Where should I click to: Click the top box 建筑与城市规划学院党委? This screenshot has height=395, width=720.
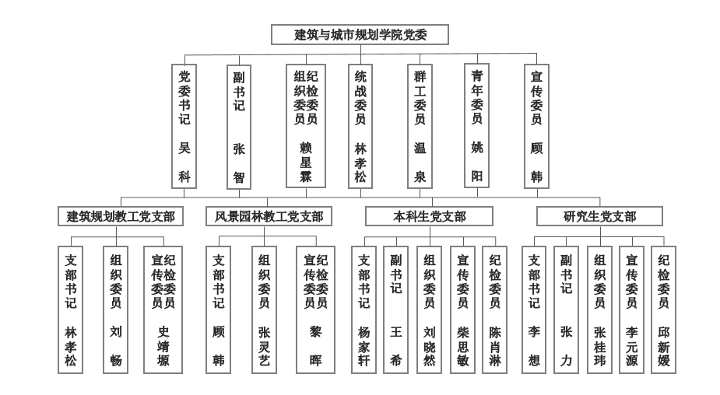tap(360, 34)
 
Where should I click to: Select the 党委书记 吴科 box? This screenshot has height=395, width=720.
tap(184, 126)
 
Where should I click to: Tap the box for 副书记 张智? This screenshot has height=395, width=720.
tap(239, 127)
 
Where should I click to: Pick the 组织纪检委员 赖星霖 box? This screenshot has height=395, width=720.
tap(306, 126)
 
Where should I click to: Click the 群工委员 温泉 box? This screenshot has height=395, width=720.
tap(420, 126)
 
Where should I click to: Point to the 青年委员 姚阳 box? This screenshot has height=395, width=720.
tap(476, 126)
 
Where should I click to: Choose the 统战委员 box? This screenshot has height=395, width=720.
tap(360, 126)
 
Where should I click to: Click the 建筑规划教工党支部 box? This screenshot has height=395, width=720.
tap(121, 216)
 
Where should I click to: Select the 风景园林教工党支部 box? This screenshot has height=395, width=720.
tap(269, 216)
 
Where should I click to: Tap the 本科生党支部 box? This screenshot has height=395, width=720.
tap(430, 216)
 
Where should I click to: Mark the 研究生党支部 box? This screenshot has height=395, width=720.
tap(599, 216)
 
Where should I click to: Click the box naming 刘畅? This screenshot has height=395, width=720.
tap(116, 309)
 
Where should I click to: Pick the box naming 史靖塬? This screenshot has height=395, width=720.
tap(163, 309)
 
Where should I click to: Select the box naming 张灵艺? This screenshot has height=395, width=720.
tap(264, 309)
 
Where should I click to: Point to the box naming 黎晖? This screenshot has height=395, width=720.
tap(315, 309)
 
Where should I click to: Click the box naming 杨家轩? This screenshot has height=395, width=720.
tap(364, 309)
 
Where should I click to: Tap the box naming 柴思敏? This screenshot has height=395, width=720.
tap(462, 309)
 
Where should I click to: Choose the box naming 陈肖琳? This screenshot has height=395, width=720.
tap(494, 309)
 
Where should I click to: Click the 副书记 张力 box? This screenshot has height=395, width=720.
tap(566, 309)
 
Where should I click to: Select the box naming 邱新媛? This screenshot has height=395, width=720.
tap(663, 309)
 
